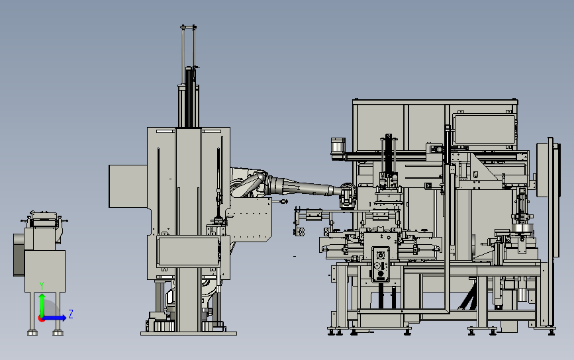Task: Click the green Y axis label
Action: tap(42, 285)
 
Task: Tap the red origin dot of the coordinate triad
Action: tap(41, 318)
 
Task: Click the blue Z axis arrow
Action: tap(57, 318)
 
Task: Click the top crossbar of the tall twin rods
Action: tap(189, 27)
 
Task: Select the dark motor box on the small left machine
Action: tap(18, 255)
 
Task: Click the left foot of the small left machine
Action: tap(30, 331)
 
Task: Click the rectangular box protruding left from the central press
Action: tap(128, 186)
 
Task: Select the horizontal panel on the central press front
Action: tap(187, 251)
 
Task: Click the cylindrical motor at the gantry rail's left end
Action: tap(338, 148)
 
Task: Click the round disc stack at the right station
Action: tap(524, 230)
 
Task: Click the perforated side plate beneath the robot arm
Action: tap(252, 222)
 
